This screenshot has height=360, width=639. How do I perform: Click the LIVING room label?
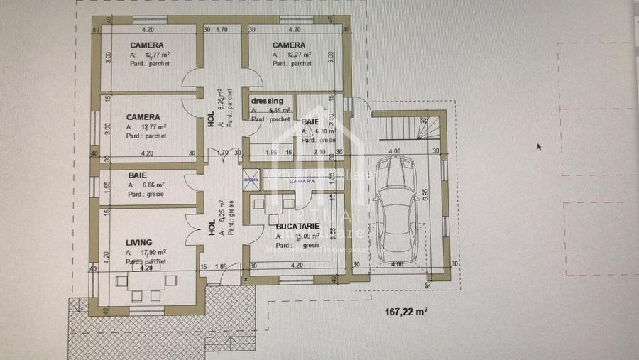pyautogui.click(x=138, y=242)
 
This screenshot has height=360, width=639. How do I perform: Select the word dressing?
pyautogui.click(x=268, y=101)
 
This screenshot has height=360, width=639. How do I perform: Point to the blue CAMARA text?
pyautogui.click(x=302, y=182)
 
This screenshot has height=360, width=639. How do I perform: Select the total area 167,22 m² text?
pyautogui.click(x=406, y=311)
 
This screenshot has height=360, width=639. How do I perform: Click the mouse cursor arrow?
pyautogui.click(x=539, y=147)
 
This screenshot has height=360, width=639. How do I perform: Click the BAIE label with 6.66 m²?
pyautogui.click(x=138, y=174)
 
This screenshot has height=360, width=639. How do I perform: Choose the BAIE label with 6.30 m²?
pyautogui.click(x=311, y=122)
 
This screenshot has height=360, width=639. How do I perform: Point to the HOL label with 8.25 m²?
pyautogui.click(x=211, y=228)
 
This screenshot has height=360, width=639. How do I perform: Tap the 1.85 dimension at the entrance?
pyautogui.click(x=221, y=266)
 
